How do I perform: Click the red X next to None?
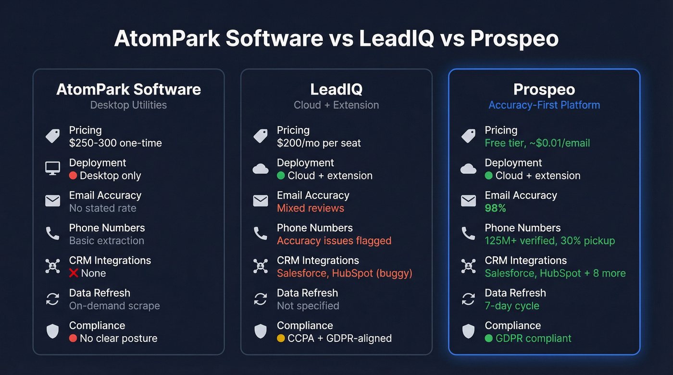(74, 273)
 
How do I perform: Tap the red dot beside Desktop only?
(73, 176)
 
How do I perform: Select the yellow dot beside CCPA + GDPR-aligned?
(281, 339)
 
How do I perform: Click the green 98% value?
(496, 208)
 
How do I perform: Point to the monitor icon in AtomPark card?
(52, 169)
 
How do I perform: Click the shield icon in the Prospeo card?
(468, 331)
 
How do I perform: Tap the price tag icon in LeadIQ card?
(260, 136)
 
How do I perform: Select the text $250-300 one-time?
(115, 143)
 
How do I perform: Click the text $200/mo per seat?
(319, 143)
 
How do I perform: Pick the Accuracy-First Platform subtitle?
(544, 105)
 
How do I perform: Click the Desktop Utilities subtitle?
(129, 105)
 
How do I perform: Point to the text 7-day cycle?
(512, 306)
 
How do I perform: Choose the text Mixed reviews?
(311, 208)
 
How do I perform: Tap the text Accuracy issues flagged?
(334, 241)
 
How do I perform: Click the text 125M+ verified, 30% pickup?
(550, 241)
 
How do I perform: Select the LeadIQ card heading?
(336, 89)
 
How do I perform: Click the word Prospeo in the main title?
(514, 39)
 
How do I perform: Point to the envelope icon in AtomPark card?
(52, 201)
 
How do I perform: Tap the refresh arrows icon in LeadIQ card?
(260, 299)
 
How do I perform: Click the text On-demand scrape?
(114, 306)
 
